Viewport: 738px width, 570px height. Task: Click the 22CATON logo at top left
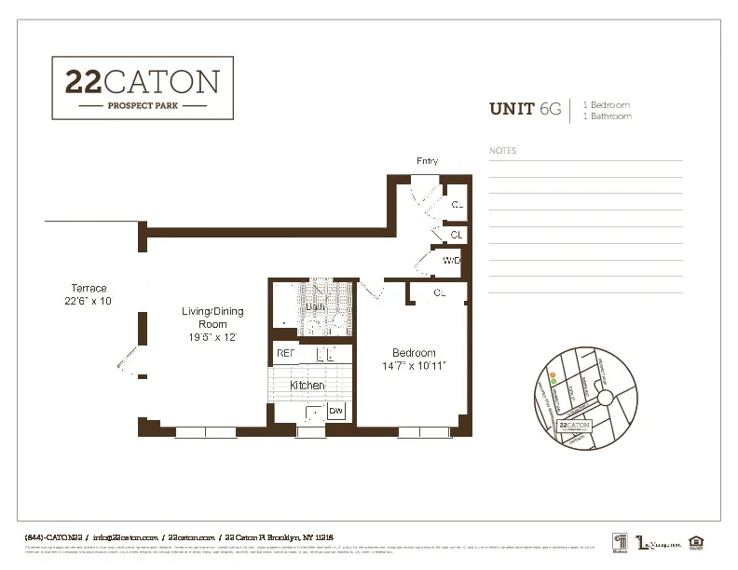(142, 88)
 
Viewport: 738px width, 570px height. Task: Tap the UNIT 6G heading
(526, 110)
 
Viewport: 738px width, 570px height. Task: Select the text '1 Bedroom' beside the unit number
(607, 104)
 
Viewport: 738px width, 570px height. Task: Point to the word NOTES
(502, 151)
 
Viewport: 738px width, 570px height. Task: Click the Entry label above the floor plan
(427, 162)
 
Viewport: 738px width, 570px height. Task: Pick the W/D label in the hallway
(452, 260)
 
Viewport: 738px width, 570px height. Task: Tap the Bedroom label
(414, 353)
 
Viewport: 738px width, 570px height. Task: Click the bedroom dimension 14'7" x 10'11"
(414, 367)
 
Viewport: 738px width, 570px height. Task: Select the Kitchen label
(307, 385)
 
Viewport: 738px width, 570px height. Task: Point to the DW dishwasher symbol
(335, 411)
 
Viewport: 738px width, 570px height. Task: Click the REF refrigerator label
(285, 354)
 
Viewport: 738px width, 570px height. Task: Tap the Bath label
(315, 306)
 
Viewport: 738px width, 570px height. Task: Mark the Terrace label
(89, 289)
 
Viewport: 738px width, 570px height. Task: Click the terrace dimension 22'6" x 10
(83, 301)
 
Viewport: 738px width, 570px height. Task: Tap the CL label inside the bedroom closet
(440, 293)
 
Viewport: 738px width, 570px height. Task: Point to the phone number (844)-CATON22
(54, 537)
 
